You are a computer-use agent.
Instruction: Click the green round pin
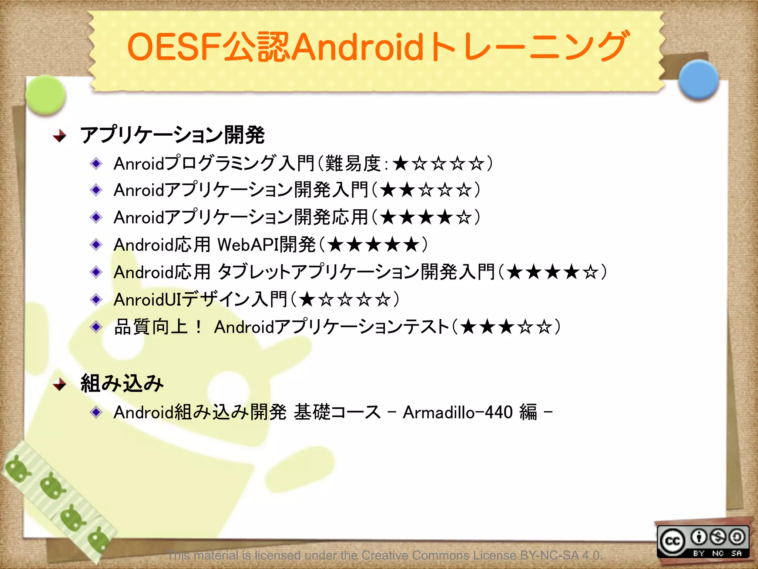[x=46, y=94]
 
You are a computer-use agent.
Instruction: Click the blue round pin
[x=699, y=79]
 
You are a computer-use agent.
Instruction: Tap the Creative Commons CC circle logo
[x=672, y=542]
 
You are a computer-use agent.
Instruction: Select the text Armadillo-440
[x=457, y=412]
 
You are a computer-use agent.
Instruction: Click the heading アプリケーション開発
[x=172, y=135]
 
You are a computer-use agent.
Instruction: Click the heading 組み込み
[x=122, y=383]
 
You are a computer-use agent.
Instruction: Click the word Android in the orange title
[x=358, y=47]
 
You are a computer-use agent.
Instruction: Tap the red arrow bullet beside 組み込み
[x=59, y=385]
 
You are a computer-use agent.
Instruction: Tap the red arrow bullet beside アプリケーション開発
[x=59, y=136]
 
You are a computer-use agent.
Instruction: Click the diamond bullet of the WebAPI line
[x=96, y=245]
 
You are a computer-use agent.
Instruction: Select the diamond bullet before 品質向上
[x=96, y=327]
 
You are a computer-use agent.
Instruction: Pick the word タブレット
[x=254, y=272]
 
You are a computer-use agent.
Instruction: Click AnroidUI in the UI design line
[x=147, y=300]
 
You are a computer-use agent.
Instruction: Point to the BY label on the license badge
[x=698, y=553]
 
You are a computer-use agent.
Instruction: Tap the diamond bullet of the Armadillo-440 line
[x=96, y=412]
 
